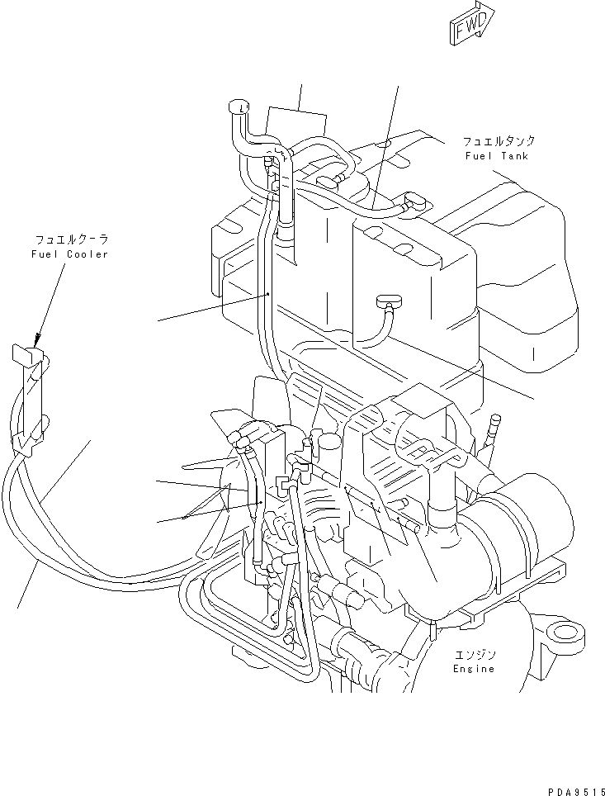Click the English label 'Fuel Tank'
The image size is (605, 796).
pos(495,156)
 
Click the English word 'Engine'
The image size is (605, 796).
pos(474,668)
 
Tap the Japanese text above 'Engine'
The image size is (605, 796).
pos(474,654)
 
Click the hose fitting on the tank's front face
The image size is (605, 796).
pos(385,301)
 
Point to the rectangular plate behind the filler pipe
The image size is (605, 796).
pos(297,124)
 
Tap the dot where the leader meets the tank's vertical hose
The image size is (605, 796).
pos(270,293)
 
